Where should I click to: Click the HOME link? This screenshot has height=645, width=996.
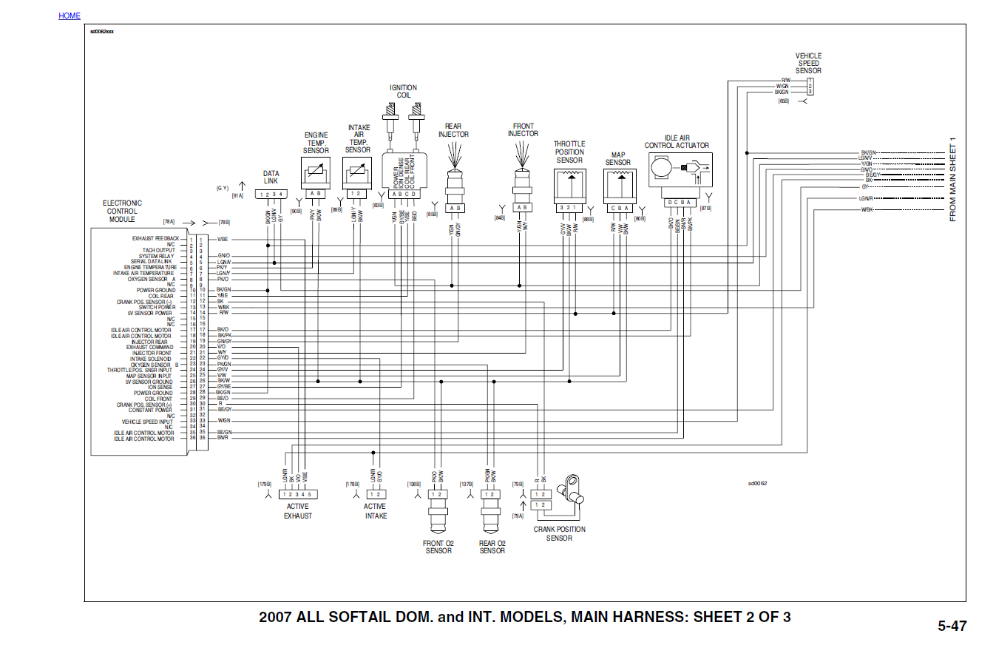(x=70, y=16)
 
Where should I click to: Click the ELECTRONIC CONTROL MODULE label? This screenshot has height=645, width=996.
(x=122, y=211)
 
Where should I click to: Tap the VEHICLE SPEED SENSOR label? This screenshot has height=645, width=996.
(x=808, y=64)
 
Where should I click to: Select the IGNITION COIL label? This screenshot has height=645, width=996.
(x=403, y=92)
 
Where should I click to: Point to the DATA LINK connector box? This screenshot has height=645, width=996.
(x=271, y=195)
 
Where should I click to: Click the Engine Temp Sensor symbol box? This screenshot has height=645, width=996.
(x=316, y=174)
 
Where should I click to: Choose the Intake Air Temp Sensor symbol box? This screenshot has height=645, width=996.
(x=359, y=174)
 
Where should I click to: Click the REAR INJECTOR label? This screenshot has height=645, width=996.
(x=453, y=130)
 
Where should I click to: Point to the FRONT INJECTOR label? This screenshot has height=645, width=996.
(x=523, y=130)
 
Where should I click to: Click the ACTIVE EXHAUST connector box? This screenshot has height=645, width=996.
(x=298, y=493)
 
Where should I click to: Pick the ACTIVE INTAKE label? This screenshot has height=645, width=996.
(x=375, y=511)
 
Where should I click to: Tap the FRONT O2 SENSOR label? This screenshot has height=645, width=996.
(x=438, y=547)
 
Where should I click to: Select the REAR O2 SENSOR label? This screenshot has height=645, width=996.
(x=492, y=547)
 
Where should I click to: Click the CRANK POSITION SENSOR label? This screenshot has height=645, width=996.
(x=559, y=533)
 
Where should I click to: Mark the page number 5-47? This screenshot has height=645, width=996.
(x=952, y=626)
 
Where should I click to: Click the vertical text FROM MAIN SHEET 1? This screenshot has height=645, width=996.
(x=953, y=179)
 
